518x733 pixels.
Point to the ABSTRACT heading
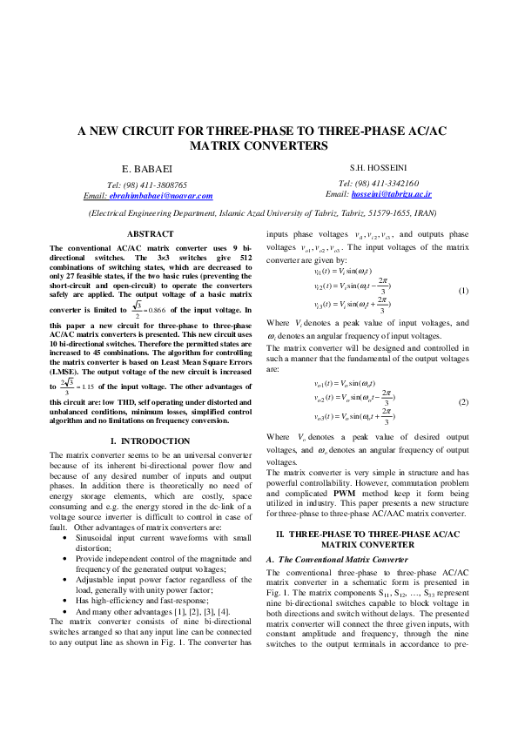coord(151,234)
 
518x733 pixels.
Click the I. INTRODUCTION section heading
coord(151,441)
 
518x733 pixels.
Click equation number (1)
coord(463,289)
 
